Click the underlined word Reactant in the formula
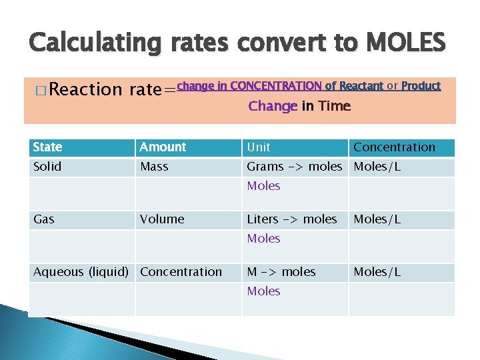(361, 85)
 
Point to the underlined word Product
(421, 85)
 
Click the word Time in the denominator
(334, 106)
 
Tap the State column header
(47, 147)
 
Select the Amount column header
(163, 147)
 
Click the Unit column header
(259, 147)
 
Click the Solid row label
(47, 167)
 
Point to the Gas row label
(44, 219)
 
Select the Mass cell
(154, 167)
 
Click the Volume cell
(162, 219)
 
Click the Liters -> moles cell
(292, 219)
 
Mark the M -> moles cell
(281, 271)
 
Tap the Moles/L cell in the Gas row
(377, 219)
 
